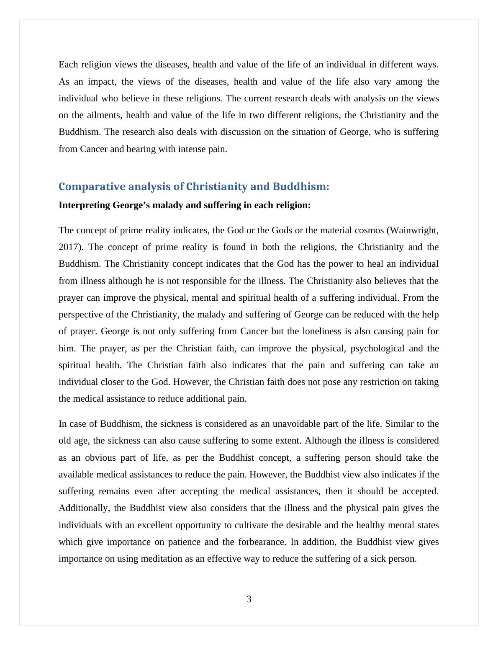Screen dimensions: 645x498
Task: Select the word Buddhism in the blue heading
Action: (299, 187)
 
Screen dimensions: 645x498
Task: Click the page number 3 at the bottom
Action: (249, 599)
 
